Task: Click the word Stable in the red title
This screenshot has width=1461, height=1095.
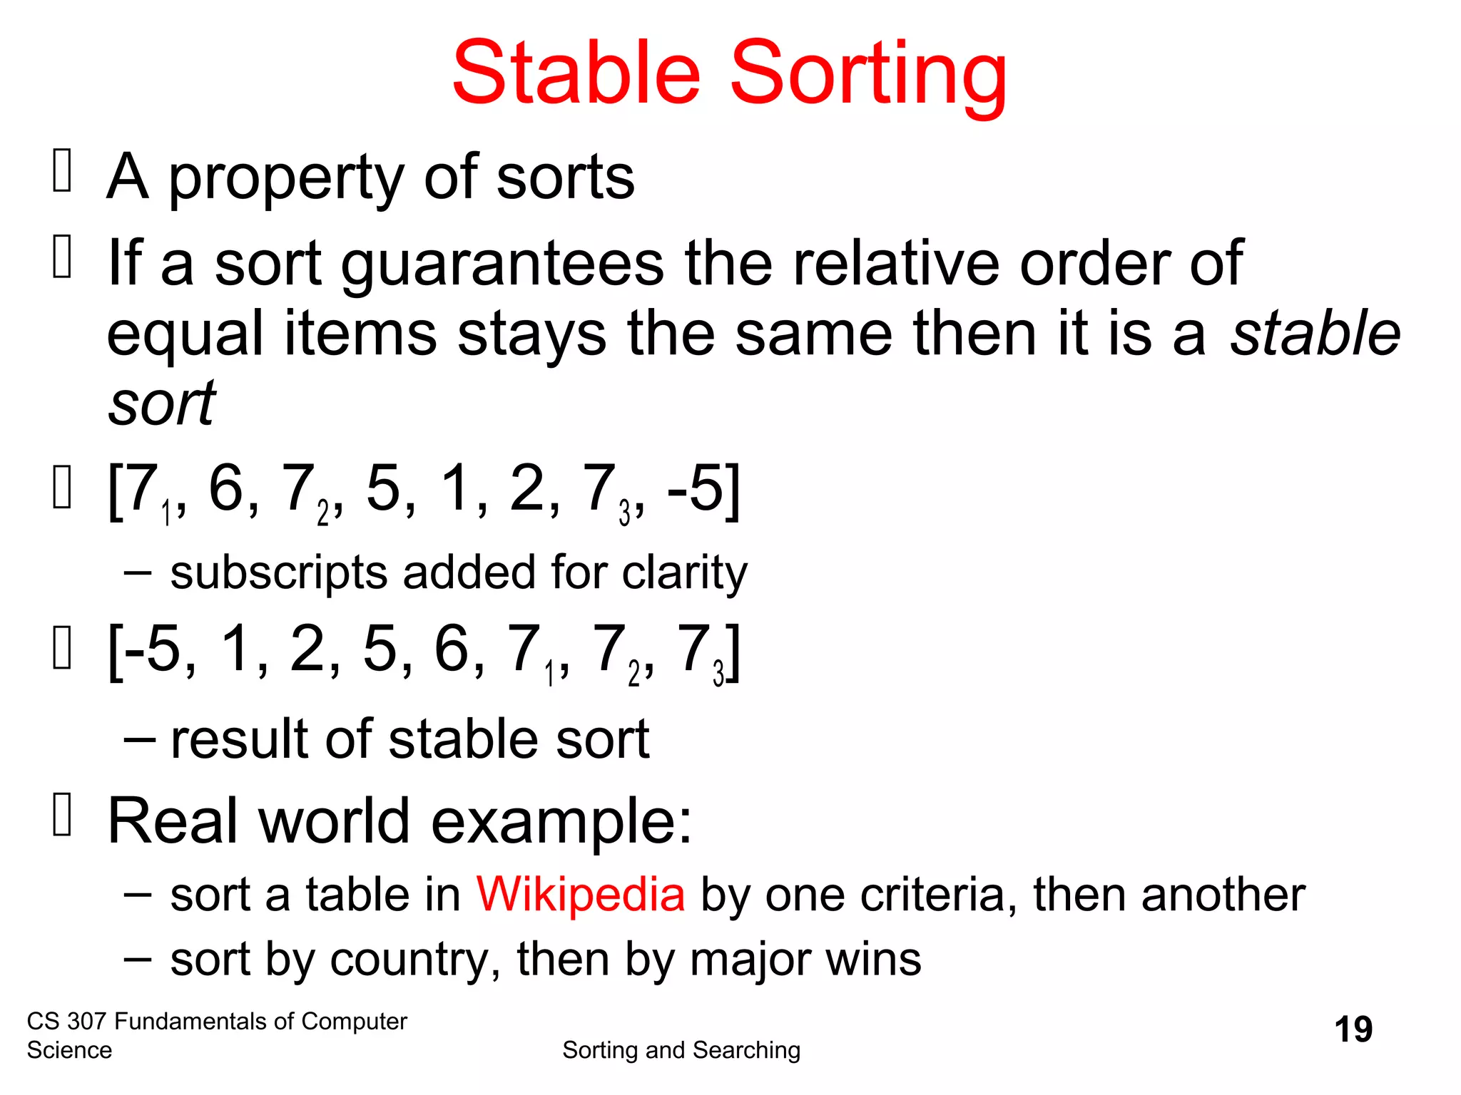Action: click(x=576, y=73)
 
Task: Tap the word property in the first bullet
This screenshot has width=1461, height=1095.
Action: click(x=286, y=180)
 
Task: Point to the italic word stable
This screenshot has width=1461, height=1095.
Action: click(x=1315, y=334)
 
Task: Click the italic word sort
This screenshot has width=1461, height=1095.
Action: click(x=162, y=403)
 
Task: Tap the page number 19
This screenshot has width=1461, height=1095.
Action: click(x=1353, y=1029)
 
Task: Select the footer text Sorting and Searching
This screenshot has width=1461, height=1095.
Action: click(x=681, y=1050)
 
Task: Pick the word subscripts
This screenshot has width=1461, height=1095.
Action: click(x=278, y=574)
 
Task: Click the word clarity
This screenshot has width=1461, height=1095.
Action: click(x=684, y=574)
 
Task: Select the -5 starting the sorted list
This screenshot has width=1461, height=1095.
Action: click(x=153, y=649)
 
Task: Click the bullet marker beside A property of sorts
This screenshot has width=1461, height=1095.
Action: click(x=62, y=171)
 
